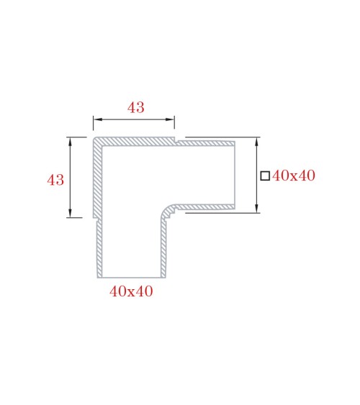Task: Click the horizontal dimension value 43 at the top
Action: [135, 107]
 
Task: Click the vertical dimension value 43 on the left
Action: [55, 180]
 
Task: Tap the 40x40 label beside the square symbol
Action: [294, 176]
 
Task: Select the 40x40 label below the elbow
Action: [130, 291]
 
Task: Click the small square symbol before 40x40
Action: [265, 176]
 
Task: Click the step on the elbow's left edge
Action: [95, 218]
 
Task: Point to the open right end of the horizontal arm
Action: [235, 175]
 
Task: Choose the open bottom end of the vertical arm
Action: [130, 276]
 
